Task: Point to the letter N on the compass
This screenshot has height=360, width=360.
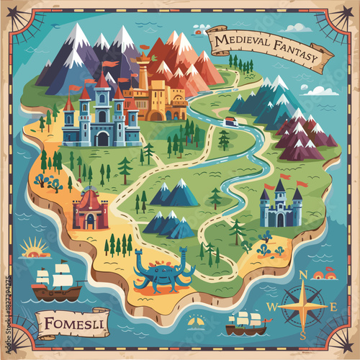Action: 303,274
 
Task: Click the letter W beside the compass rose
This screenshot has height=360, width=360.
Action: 271,307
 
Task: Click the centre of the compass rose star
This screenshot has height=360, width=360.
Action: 303,305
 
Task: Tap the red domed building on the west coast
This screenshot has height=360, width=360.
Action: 89,210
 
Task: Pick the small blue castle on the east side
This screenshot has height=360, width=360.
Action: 281,206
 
